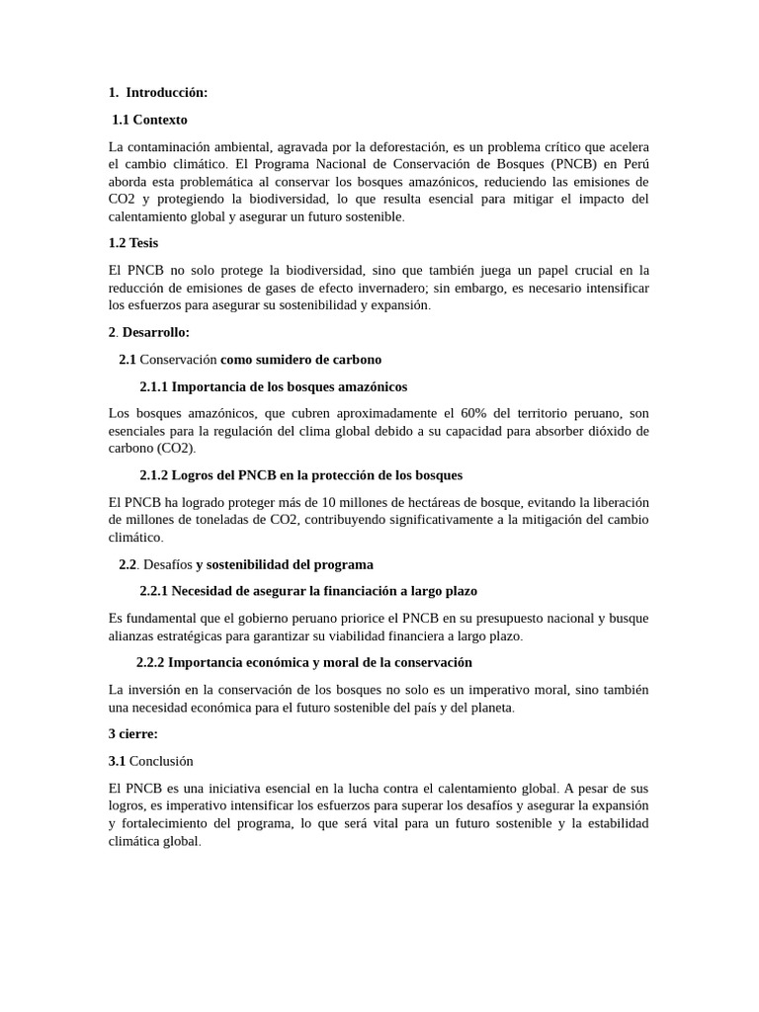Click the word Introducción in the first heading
click(167, 93)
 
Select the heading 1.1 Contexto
click(149, 120)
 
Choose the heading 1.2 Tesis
click(133, 243)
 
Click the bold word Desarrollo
click(155, 333)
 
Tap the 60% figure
click(478, 413)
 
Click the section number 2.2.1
click(154, 591)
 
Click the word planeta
click(488, 708)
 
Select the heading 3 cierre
click(132, 734)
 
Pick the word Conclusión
click(161, 761)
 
